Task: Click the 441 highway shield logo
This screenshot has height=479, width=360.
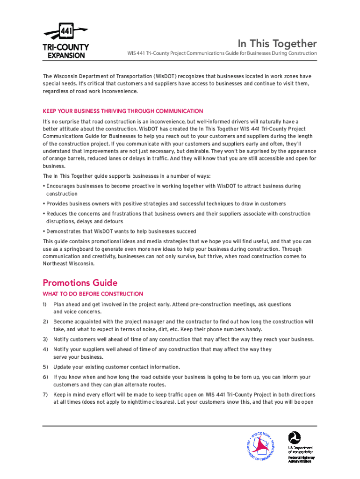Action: (x=66, y=33)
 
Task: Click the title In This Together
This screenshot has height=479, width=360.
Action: (x=277, y=44)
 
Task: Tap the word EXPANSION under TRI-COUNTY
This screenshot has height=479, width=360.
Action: (x=66, y=56)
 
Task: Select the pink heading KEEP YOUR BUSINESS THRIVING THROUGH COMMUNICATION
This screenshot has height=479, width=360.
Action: (x=123, y=111)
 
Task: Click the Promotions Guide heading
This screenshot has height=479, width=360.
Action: (x=79, y=283)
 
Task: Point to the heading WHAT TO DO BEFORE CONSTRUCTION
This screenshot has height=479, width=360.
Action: (x=93, y=294)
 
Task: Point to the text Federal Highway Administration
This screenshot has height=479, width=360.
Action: (x=301, y=459)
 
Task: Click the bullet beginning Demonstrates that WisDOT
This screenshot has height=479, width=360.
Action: (x=119, y=231)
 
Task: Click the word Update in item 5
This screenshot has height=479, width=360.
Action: (x=63, y=367)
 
